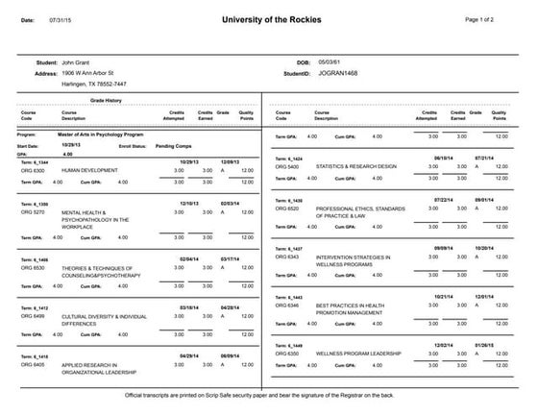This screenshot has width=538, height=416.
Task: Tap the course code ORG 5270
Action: tap(32, 210)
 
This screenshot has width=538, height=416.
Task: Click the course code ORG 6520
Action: tap(287, 208)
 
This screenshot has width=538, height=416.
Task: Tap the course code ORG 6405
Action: tap(32, 365)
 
